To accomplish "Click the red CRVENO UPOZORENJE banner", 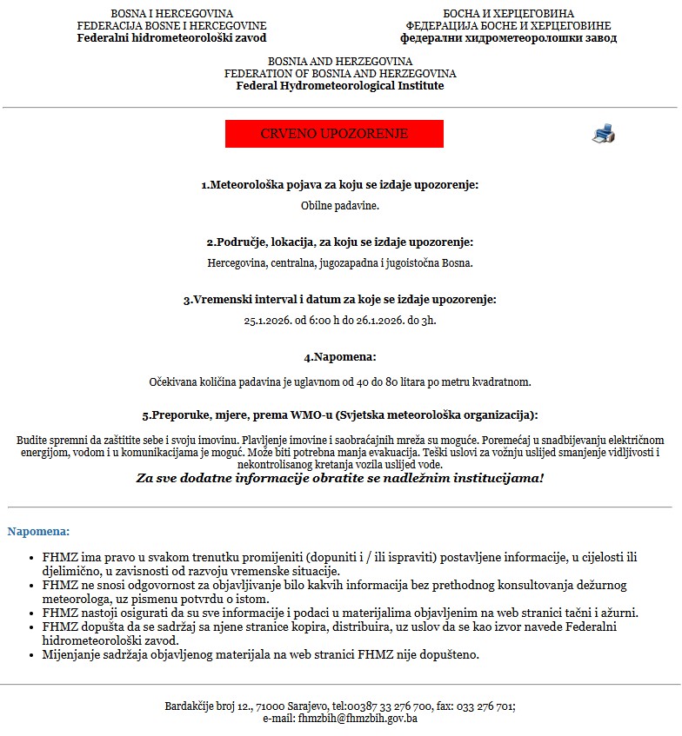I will coord(334,134).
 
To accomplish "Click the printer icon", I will coord(604,133).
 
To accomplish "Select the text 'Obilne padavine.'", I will coord(340,206).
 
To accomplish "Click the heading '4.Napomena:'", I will coord(340,357).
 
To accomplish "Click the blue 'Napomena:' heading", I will coord(38,531).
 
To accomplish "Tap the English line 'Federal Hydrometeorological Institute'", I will coord(340,86).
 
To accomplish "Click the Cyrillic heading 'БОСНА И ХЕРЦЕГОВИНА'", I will coord(509,14).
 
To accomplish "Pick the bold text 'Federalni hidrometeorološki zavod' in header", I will coord(171,38).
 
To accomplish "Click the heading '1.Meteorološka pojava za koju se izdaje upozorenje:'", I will coord(340,185).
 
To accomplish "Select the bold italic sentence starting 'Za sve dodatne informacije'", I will coord(340,479).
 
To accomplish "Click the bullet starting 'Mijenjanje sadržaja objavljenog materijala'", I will coord(261,653).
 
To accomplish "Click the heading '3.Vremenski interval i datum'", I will coord(340,299).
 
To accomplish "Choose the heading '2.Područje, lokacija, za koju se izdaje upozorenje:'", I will coord(340,242).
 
